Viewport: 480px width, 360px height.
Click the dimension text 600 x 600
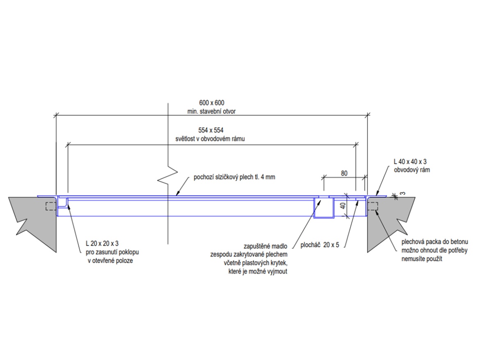click(211, 103)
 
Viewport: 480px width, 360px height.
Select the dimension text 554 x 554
click(211, 130)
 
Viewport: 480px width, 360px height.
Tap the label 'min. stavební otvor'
click(211, 111)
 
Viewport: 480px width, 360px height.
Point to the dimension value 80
click(344, 173)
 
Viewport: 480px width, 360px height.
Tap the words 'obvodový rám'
click(412, 169)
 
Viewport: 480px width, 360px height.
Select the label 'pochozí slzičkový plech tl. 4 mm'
click(234, 178)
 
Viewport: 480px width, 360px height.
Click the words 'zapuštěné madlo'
click(265, 246)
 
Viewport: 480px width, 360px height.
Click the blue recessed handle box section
click(324, 208)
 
